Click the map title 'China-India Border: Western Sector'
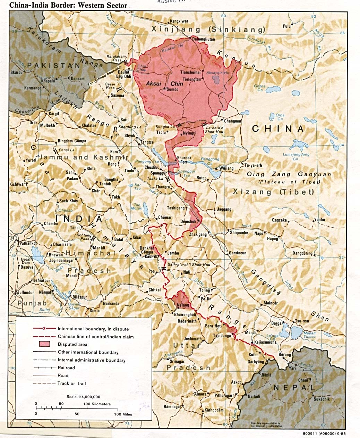[63, 5]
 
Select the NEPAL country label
[294, 387]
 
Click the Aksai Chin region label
[164, 84]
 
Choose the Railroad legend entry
[66, 368]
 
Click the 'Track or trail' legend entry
[71, 384]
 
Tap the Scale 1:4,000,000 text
[83, 397]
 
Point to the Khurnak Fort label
[184, 160]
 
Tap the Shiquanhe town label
[239, 233]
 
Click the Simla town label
[94, 311]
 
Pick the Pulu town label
[286, 26]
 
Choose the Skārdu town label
[17, 73]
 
